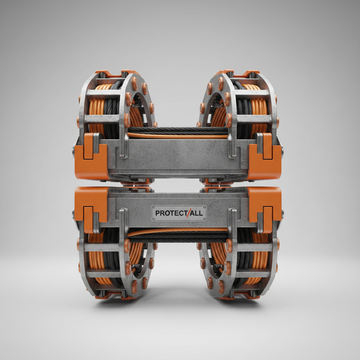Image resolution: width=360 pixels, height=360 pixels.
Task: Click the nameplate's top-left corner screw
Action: pos(154,208)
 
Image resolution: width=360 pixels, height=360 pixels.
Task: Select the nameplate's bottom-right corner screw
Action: pos(204,219)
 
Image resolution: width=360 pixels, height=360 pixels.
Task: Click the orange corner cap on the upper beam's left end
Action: pos(91,158)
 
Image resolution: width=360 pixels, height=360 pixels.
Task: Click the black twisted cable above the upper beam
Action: pos(178,130)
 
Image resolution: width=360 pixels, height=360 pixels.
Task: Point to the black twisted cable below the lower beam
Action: pos(178,237)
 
